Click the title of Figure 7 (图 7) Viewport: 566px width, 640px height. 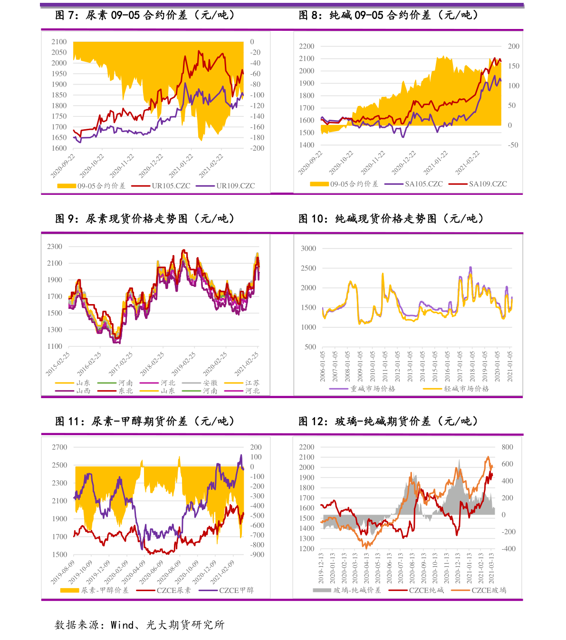pos(145,15)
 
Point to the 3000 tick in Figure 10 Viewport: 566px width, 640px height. pos(308,248)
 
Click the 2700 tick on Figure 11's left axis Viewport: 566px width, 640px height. pos(59,447)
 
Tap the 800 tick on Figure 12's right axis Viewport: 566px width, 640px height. pos(507,447)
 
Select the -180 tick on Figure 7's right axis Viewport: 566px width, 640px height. pos(258,137)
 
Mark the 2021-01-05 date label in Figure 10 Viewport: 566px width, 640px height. pos(510,366)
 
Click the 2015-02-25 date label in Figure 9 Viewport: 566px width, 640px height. pos(58,364)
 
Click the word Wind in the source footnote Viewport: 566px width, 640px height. pos(122,625)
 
